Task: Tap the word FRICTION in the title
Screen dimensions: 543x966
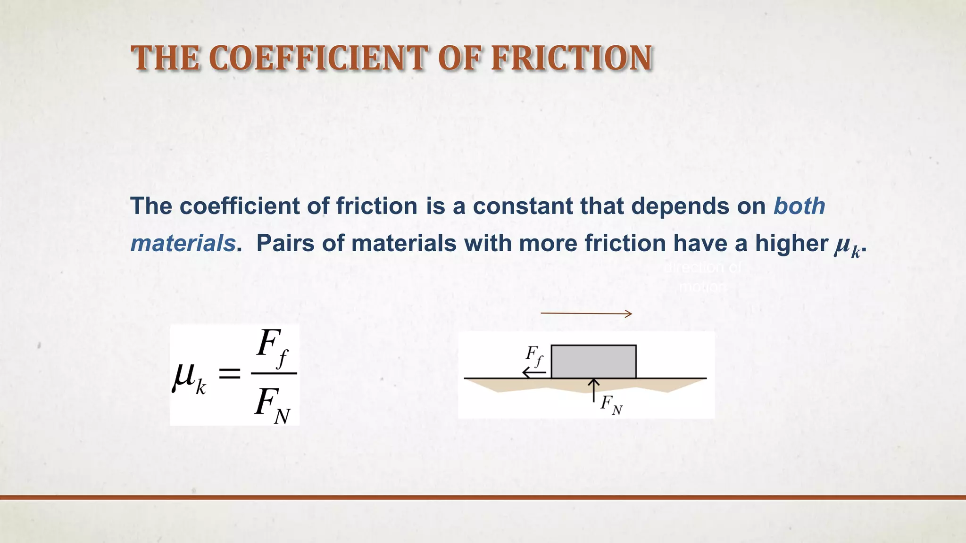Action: point(572,58)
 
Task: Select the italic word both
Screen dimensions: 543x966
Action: point(799,206)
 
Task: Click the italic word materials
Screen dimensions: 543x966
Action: point(183,243)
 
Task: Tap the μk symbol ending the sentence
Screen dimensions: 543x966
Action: point(847,246)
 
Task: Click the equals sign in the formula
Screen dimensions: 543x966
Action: point(230,375)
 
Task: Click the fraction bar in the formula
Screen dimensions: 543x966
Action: point(274,373)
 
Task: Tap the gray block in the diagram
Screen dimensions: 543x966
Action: point(593,362)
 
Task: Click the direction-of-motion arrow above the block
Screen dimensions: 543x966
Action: point(586,313)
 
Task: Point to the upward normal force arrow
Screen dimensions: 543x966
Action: point(593,390)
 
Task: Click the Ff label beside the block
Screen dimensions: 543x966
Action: point(534,355)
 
